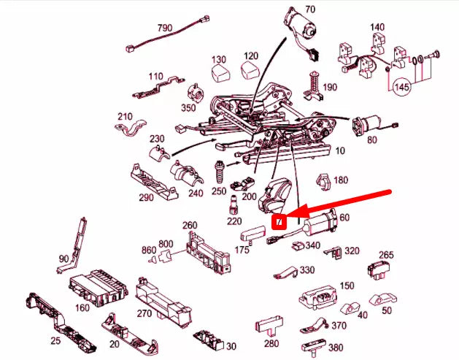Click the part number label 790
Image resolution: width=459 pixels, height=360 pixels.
pos(165,28)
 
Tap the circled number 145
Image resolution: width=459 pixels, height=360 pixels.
pos(401,87)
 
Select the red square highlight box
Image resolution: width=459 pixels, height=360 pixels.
pos(278,221)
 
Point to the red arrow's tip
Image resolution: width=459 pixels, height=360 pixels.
pos(286,217)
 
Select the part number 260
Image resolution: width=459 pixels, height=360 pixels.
pos(190,225)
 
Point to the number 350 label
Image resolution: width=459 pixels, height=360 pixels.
pos(188,107)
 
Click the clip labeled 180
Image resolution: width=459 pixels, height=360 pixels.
pos(321,180)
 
